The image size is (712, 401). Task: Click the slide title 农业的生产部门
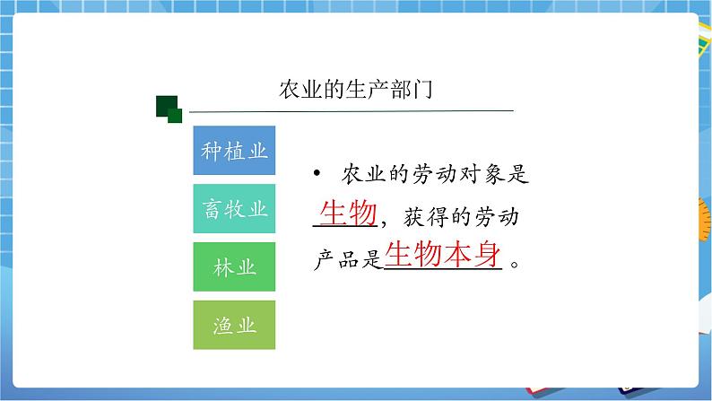[357, 91]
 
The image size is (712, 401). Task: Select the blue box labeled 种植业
[234, 151]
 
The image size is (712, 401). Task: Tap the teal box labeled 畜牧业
[234, 209]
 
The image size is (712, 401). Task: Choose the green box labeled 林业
[234, 267]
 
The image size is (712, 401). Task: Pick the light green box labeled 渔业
[234, 326]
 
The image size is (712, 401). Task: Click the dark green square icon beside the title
[168, 108]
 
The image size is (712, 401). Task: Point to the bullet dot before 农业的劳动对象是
[317, 174]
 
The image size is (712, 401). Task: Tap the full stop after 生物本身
[514, 264]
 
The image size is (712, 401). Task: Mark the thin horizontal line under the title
[350, 110]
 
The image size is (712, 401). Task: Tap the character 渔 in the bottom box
[221, 326]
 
